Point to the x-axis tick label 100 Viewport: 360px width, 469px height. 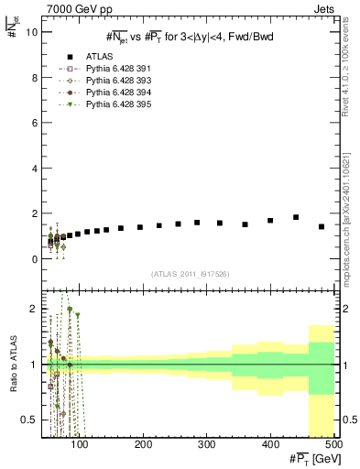(82, 444)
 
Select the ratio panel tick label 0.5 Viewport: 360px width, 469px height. (27, 420)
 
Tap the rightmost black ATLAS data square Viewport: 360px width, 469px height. (322, 226)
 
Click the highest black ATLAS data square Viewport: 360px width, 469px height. (296, 217)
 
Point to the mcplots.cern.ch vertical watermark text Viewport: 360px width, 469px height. (349, 219)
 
